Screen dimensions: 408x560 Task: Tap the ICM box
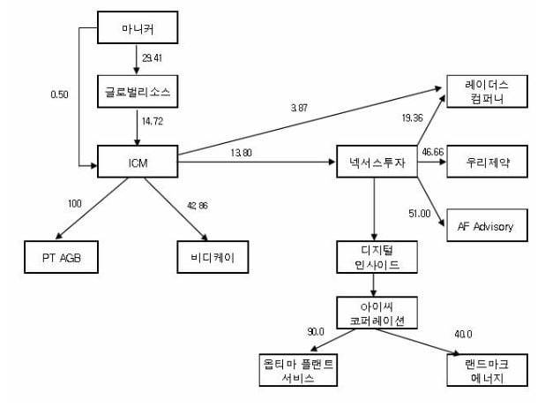(138, 162)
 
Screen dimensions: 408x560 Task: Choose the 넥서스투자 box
(377, 163)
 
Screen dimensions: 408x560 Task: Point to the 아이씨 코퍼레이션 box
(377, 314)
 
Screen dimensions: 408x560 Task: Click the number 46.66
(432, 153)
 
